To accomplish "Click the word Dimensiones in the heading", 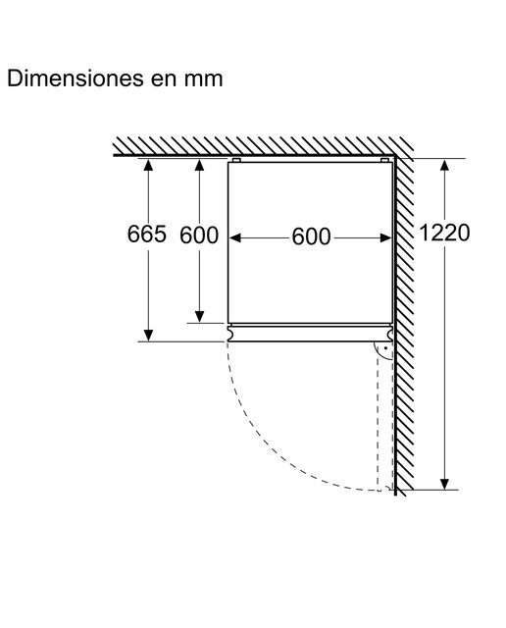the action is pos(76,78).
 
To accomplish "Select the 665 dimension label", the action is pos(146,234).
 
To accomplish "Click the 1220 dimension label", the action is pos(444,233).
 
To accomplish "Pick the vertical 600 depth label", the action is pos(199,235).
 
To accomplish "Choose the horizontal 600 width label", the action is pos(311,236).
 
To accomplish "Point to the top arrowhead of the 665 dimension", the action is pos(148,165).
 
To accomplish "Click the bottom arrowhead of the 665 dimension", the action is pos(148,336).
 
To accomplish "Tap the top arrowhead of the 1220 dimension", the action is pos(444,165).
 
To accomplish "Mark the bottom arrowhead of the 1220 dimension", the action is pos(444,484).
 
